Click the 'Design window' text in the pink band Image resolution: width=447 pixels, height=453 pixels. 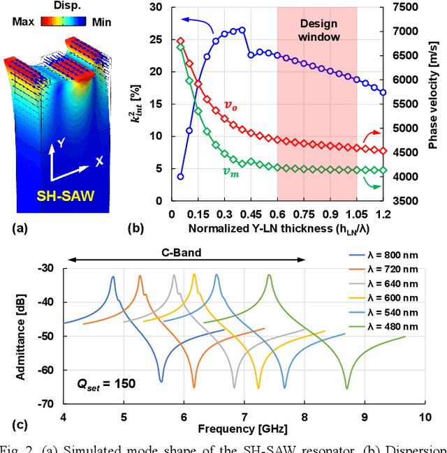point(317,29)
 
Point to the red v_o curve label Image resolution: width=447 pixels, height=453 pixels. point(230,105)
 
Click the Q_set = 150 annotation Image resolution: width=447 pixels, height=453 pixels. point(106,383)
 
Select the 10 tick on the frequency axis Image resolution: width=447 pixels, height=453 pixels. point(424,417)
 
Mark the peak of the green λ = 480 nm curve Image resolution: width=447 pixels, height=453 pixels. point(269,276)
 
